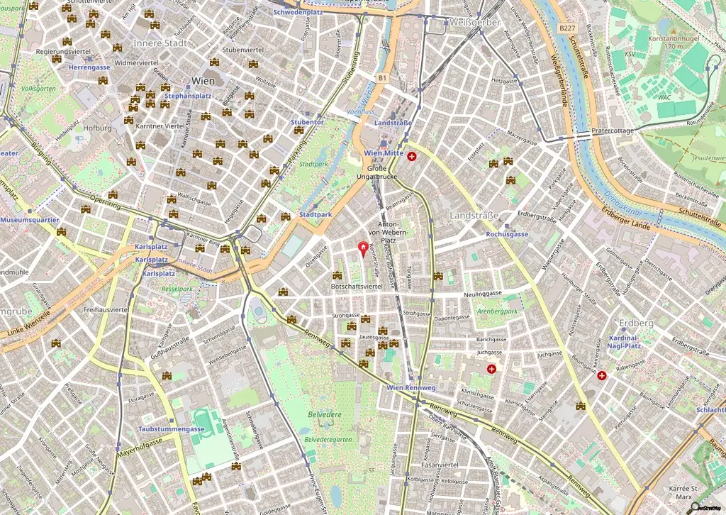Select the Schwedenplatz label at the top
click(x=298, y=12)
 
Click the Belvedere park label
click(x=325, y=414)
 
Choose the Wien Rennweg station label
click(x=411, y=388)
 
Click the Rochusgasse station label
click(x=507, y=234)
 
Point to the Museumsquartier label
click(x=29, y=220)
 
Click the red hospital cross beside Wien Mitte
click(x=412, y=155)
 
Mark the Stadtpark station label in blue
click(x=315, y=214)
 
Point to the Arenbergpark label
click(x=497, y=311)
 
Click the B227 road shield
click(x=565, y=28)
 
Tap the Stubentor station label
click(x=307, y=122)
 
